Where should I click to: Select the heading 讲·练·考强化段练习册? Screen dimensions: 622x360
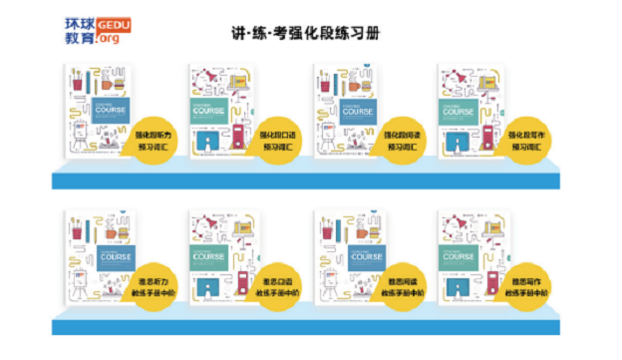tap(311, 33)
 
